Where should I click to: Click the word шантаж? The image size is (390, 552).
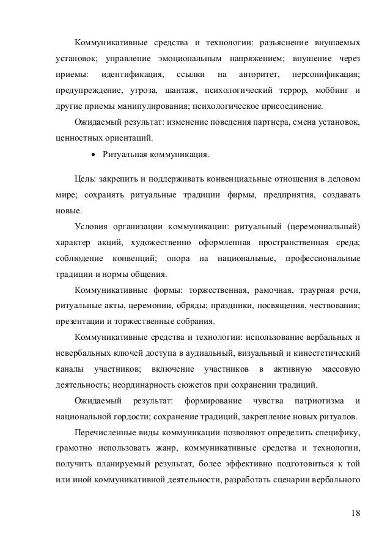click(x=177, y=91)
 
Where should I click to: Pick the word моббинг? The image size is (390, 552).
click(x=335, y=91)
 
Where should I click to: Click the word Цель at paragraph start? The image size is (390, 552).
click(x=83, y=180)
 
